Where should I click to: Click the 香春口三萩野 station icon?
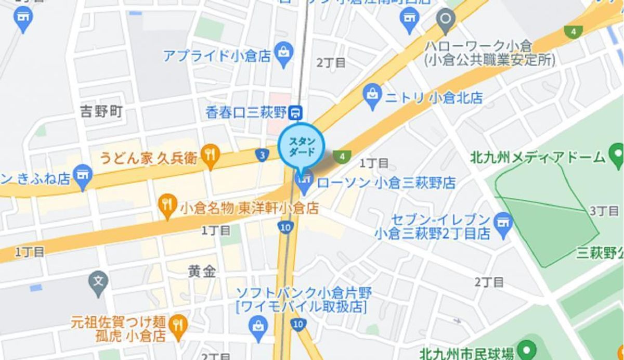[296, 111]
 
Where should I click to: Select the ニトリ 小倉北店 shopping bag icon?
[372, 96]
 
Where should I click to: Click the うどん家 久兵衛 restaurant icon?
[210, 155]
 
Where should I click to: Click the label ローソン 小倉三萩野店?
[386, 183]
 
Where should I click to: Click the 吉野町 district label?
[101, 111]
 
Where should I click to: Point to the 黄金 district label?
[202, 271]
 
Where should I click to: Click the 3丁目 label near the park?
[604, 211]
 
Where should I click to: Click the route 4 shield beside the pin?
[342, 156]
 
